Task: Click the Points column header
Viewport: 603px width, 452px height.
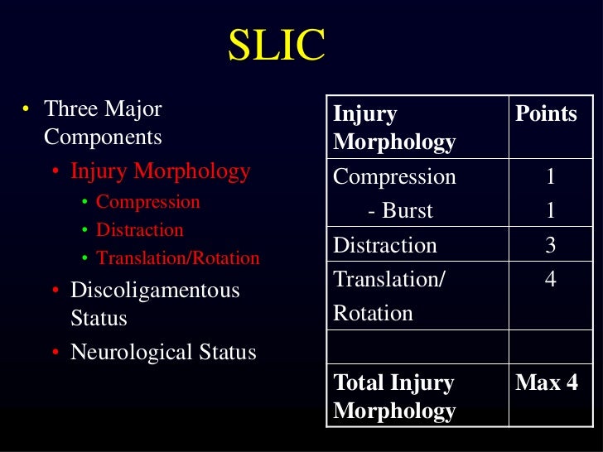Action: pyautogui.click(x=546, y=113)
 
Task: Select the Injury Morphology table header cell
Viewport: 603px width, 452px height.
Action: pyautogui.click(x=393, y=127)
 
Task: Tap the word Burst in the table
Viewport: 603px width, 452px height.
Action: pyautogui.click(x=408, y=210)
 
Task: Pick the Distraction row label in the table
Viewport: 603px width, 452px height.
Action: pyautogui.click(x=384, y=245)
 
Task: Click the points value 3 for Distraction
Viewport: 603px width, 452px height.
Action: pyautogui.click(x=551, y=245)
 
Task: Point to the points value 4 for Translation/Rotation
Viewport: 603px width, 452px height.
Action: pyautogui.click(x=551, y=280)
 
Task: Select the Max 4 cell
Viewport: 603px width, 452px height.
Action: pyautogui.click(x=546, y=383)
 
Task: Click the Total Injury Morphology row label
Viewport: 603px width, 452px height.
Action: pyautogui.click(x=393, y=397)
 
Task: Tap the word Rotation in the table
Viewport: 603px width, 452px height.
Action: pyautogui.click(x=372, y=314)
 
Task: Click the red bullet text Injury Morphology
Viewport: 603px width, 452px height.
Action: pyautogui.click(x=161, y=171)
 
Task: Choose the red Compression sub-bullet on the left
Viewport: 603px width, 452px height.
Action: pyautogui.click(x=148, y=201)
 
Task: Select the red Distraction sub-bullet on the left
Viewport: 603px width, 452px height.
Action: pyautogui.click(x=140, y=229)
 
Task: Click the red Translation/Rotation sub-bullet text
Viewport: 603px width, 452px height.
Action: pyautogui.click(x=178, y=258)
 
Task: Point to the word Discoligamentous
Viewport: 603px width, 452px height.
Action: pyautogui.click(x=155, y=291)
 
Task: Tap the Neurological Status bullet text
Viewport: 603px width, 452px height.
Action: pyautogui.click(x=163, y=352)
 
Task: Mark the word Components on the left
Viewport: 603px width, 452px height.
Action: pyautogui.click(x=103, y=137)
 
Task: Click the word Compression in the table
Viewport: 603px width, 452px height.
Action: pyautogui.click(x=394, y=176)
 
